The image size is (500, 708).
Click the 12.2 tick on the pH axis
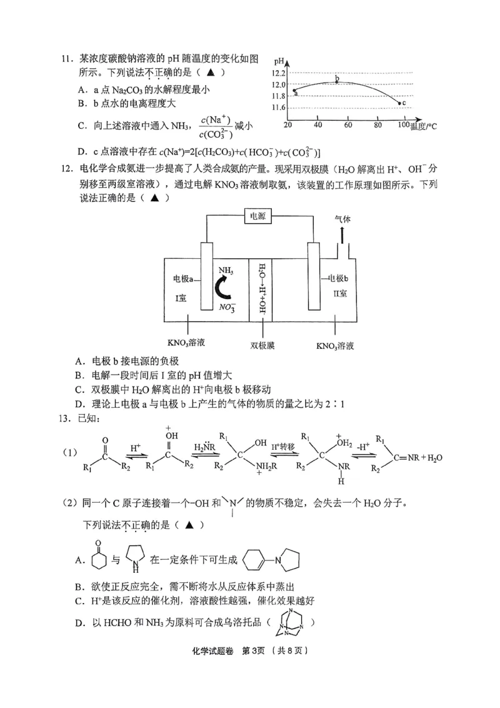click(278, 73)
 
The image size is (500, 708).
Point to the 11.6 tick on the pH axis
click(278, 108)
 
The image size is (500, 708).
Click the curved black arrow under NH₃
click(222, 292)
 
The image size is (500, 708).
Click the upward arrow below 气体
click(342, 236)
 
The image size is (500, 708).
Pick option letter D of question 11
click(82, 152)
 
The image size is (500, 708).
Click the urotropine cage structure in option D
click(289, 623)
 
